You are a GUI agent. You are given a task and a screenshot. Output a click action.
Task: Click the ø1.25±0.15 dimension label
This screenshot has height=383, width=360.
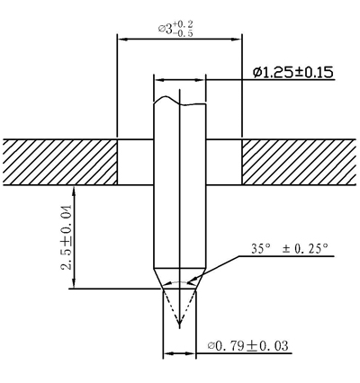293,72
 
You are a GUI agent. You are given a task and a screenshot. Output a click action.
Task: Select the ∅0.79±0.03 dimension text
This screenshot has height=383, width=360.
248,345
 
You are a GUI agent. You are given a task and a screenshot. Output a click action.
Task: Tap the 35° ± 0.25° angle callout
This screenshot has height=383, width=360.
290,249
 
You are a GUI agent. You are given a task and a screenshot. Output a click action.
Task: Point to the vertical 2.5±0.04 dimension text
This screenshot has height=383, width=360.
67,237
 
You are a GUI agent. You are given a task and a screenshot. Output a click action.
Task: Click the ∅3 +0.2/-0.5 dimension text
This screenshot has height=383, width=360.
175,29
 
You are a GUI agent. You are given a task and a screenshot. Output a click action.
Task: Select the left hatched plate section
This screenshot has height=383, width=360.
60,162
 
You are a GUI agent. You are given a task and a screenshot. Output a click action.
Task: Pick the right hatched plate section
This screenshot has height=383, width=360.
299,162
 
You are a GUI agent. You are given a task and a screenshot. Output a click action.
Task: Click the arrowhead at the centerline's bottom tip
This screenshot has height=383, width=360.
179,324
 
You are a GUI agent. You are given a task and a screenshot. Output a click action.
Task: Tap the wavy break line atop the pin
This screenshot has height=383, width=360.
179,101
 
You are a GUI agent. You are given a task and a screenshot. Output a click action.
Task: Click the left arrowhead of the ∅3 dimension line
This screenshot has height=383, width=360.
121,39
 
